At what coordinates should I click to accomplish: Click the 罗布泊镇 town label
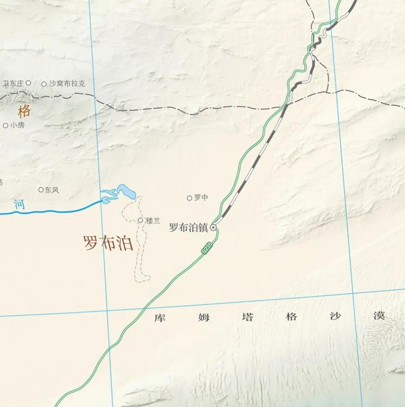pyautogui.click(x=188, y=228)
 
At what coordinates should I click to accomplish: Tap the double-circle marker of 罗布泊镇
pyautogui.click(x=213, y=227)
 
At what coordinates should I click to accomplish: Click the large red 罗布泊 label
pyautogui.click(x=108, y=243)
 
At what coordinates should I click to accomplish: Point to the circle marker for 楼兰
pyautogui.click(x=140, y=220)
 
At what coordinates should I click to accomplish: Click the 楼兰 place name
pyautogui.click(x=153, y=220)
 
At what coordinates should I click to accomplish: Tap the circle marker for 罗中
pyautogui.click(x=189, y=198)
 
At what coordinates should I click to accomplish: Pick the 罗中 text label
pyautogui.click(x=201, y=197)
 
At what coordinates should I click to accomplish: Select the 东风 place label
pyautogui.click(x=52, y=190)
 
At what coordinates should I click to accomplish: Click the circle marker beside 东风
pyautogui.click(x=41, y=190)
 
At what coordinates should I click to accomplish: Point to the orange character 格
pyautogui.click(x=24, y=111)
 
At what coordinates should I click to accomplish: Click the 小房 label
pyautogui.click(x=17, y=125)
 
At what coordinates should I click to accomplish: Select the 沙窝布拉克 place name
pyautogui.click(x=67, y=84)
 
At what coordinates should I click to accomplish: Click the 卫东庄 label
pyautogui.click(x=13, y=84)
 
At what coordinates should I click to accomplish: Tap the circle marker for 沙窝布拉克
pyautogui.click(x=44, y=84)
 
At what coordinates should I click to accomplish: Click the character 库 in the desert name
pyautogui.click(x=160, y=317)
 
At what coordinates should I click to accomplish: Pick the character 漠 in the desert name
pyautogui.click(x=379, y=316)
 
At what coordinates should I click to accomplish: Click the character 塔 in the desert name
pyautogui.click(x=248, y=317)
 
